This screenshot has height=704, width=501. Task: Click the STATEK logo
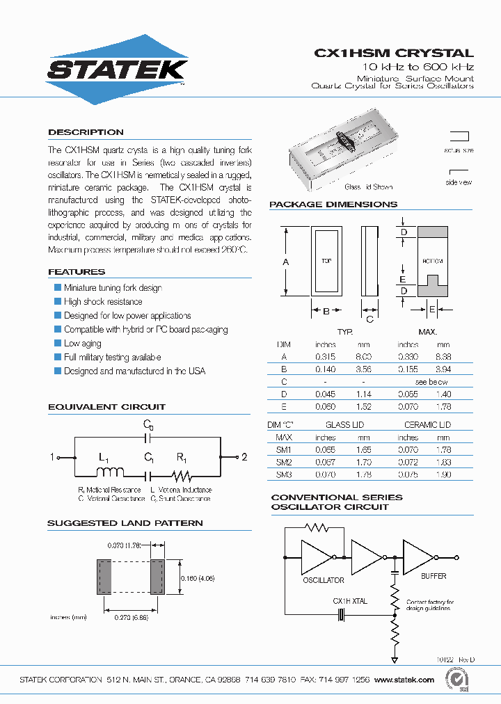[x=116, y=70]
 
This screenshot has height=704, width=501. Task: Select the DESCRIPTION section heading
[x=86, y=132]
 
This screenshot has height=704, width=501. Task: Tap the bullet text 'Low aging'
[x=82, y=344]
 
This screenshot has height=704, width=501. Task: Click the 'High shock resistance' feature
[x=102, y=302]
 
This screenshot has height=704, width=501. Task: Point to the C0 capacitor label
[x=148, y=424]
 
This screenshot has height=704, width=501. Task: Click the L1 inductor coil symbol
[x=109, y=472]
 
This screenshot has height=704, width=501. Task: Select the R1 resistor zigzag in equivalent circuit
[x=181, y=476]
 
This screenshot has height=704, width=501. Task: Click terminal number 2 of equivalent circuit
[x=244, y=457]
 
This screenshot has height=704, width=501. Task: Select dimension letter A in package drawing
[x=285, y=262]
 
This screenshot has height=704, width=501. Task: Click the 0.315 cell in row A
[x=326, y=357]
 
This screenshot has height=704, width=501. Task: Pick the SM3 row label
[x=283, y=475]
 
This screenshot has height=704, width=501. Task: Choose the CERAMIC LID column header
[x=427, y=424]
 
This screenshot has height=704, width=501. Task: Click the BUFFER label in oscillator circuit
[x=434, y=577]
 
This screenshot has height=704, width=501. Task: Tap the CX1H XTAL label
[x=350, y=601]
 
